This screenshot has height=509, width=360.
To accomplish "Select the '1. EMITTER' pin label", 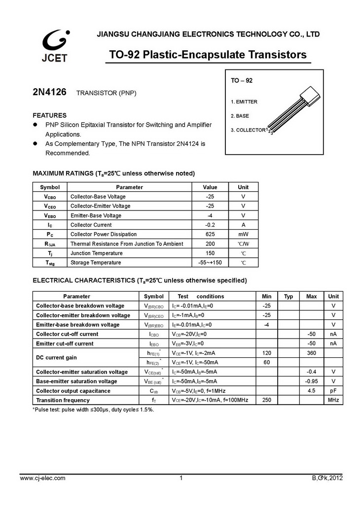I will (244, 102).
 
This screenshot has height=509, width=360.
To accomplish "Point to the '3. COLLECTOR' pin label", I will (248, 130).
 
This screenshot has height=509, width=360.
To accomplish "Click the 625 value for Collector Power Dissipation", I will (210, 234).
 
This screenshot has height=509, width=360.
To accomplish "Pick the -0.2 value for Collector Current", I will (210, 225).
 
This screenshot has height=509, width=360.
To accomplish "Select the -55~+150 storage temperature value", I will (210, 263).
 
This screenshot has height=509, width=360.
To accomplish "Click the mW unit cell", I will (243, 234).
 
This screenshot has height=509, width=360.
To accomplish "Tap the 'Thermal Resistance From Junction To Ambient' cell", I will (127, 243).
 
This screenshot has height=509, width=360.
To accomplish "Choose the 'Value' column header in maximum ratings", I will (210, 187).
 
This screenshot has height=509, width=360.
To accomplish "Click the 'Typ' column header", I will (288, 296).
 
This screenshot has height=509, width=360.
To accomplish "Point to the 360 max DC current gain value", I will (311, 353).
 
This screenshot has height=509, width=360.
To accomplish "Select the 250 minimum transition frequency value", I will (267, 400).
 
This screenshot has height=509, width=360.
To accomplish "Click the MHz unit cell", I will (333, 400).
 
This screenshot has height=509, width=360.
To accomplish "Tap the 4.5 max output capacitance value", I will (311, 391).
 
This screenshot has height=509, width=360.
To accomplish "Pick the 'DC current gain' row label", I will (56, 357).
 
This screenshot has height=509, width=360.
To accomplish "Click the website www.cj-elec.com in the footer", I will (42, 478).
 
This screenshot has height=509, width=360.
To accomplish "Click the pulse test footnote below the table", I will (93, 409).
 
